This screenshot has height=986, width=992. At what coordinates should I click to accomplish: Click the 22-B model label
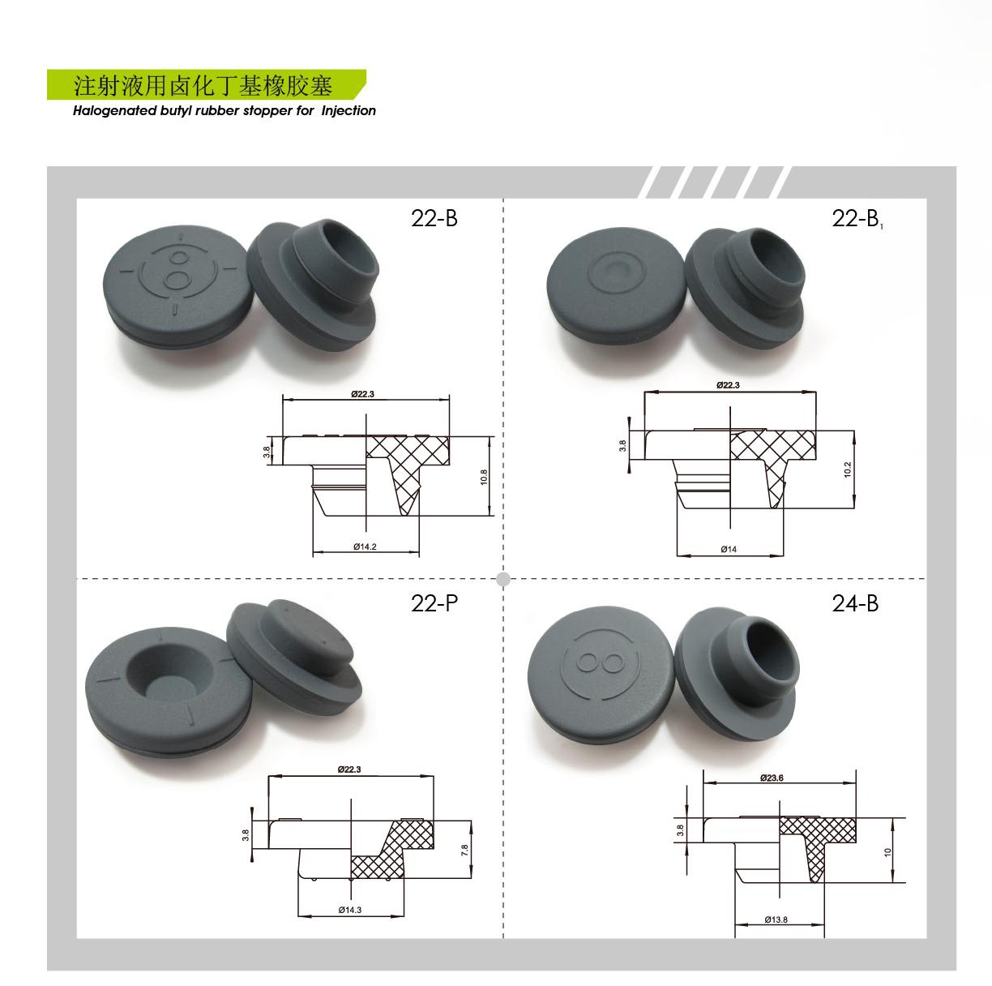tap(434, 218)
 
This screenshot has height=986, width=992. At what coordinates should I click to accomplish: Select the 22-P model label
tap(434, 603)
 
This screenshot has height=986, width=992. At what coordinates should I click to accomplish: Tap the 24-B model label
tap(855, 603)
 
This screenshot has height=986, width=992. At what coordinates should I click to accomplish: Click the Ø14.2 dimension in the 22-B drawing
tap(365, 547)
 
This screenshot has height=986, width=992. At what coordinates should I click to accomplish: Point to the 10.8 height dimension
tap(483, 478)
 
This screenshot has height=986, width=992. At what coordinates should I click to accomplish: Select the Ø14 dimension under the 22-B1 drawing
tap(729, 549)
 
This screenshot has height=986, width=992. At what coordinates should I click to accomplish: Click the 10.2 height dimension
tap(848, 469)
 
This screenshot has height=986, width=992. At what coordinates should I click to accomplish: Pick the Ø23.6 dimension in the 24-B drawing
tap(772, 778)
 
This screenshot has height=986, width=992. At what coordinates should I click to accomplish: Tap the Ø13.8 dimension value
tap(776, 920)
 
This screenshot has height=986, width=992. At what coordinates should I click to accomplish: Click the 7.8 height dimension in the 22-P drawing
tap(464, 850)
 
